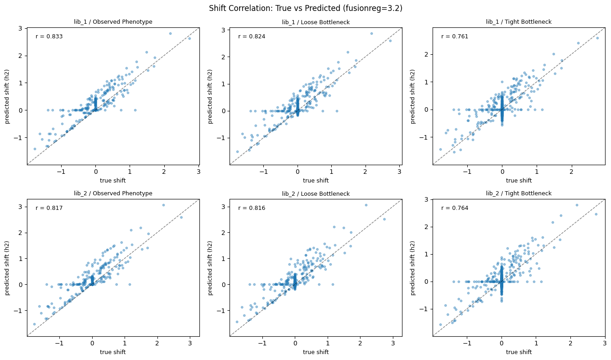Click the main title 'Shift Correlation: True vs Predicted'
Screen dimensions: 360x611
pyautogui.click(x=305, y=8)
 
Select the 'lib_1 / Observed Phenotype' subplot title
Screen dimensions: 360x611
pyautogui.click(x=113, y=22)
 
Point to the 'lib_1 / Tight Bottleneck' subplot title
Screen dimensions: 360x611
pyautogui.click(x=519, y=22)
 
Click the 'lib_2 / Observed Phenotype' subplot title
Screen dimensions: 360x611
pyautogui.click(x=113, y=193)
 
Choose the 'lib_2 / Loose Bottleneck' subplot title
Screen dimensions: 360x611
pyautogui.click(x=315, y=194)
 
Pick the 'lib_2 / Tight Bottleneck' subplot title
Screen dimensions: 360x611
pyautogui.click(x=519, y=193)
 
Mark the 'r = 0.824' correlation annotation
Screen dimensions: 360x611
pyautogui.click(x=251, y=37)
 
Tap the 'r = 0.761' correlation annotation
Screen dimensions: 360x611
pyautogui.click(x=454, y=37)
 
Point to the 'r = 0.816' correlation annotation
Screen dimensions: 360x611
pyautogui.click(x=251, y=208)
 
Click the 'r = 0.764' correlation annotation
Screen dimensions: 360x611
pyautogui.click(x=454, y=208)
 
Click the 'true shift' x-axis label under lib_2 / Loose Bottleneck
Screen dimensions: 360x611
pyautogui.click(x=315, y=352)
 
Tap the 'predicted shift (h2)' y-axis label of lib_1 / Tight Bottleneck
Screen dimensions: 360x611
pyautogui.click(x=413, y=96)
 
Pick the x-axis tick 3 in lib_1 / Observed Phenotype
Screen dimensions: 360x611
pyautogui.click(x=198, y=172)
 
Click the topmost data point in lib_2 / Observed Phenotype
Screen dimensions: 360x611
pyautogui.click(x=163, y=205)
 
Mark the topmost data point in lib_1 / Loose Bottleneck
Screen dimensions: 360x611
pyautogui.click(x=371, y=33)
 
